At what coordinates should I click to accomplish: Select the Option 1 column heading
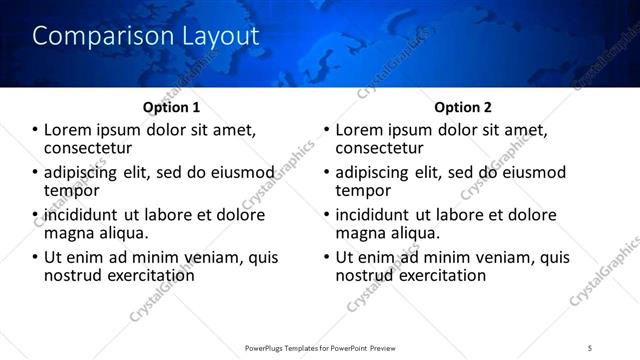(x=173, y=107)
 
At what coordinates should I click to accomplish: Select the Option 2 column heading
(x=462, y=107)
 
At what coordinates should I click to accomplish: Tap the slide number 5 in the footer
(x=590, y=347)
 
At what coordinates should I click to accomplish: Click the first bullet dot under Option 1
(x=36, y=130)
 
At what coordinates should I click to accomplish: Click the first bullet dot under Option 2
(x=326, y=130)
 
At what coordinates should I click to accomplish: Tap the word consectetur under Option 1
(x=90, y=148)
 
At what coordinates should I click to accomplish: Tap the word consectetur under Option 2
(x=380, y=148)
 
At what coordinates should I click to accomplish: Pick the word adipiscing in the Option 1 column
(x=80, y=172)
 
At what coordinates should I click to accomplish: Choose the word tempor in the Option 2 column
(x=363, y=190)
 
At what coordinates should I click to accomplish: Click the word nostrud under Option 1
(x=73, y=275)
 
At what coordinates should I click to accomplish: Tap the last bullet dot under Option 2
(x=326, y=257)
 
